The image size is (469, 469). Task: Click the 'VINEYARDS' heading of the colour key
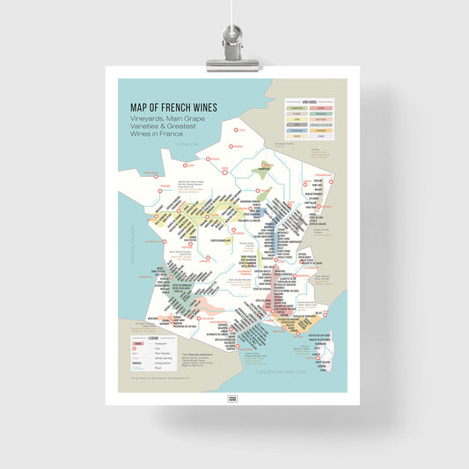309,102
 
